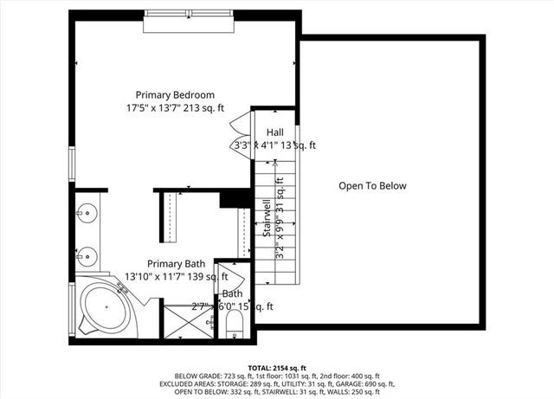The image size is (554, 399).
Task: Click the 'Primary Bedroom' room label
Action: coord(175,94)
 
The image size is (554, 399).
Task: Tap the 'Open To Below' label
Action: coord(371,186)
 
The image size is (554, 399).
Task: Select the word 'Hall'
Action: coord(274,132)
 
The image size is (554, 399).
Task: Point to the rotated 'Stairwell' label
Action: coord(268,218)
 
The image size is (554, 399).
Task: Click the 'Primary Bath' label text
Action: coord(176,264)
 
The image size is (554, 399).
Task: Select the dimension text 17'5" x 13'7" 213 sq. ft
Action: coord(175,108)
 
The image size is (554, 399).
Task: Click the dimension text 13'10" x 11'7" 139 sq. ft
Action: coord(176,277)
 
